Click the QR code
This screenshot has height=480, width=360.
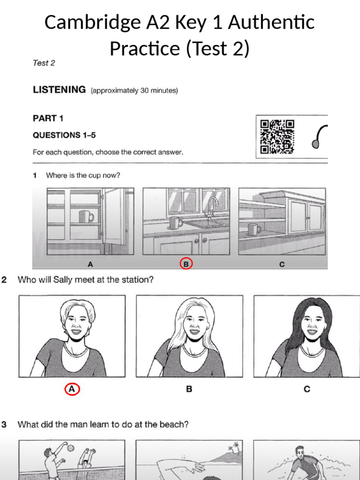[277, 136]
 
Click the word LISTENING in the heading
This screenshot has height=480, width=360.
[59, 90]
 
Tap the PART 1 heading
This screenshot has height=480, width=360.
[48, 119]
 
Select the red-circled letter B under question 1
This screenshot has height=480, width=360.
[186, 264]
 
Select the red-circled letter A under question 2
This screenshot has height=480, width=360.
[72, 389]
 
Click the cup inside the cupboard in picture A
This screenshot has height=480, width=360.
[86, 217]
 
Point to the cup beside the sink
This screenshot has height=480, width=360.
[175, 223]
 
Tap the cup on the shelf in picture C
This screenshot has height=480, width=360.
[254, 229]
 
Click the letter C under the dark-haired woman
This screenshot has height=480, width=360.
[307, 389]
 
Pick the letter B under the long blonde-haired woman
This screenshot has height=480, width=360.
[189, 389]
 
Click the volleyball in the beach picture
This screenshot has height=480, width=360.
[71, 448]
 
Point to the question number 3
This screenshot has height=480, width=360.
[4, 425]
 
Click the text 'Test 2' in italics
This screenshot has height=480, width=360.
[44, 63]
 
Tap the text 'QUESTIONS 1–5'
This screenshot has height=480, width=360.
[64, 135]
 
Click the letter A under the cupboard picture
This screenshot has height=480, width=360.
[90, 264]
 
